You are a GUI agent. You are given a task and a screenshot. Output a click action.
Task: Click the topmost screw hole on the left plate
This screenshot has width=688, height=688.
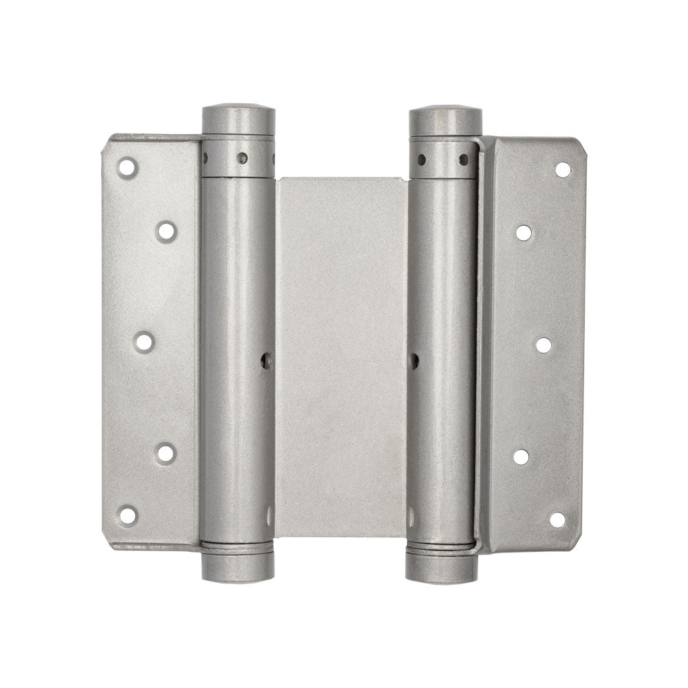pos(127,167)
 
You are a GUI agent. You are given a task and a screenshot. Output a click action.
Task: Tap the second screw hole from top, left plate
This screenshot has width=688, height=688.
pos(166,230)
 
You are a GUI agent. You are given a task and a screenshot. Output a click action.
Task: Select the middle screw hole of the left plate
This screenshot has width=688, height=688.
pos(144,342)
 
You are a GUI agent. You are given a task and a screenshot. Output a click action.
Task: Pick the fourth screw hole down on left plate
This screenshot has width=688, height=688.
pos(166,453)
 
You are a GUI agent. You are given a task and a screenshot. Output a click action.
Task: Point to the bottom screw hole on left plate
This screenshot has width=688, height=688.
pos(127,515)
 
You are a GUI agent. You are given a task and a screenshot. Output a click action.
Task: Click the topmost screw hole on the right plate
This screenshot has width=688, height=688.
pos(563,169)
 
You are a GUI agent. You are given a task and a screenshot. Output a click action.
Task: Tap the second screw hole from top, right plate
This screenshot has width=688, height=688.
pos(524,233)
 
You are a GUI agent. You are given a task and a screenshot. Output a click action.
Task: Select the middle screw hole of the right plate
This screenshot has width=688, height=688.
pos(544,345)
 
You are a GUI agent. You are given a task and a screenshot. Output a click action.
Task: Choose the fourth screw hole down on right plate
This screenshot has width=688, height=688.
pos(522,457)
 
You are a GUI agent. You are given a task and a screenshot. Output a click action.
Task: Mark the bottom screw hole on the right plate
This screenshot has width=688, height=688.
pos(557,519)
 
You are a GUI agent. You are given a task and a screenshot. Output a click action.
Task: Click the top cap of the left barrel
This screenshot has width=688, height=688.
pos(238,120)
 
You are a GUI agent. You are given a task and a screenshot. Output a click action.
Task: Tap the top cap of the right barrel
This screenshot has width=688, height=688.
pos(445,121)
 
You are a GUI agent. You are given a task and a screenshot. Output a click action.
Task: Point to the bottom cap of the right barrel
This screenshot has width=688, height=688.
pos(442,568)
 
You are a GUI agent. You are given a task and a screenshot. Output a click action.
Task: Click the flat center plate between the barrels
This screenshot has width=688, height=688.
pos(341,358)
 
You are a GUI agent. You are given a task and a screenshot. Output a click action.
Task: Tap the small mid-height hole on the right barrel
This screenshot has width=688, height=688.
pos(414,359)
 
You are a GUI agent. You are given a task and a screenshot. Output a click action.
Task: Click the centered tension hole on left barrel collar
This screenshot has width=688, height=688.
pos(242,158)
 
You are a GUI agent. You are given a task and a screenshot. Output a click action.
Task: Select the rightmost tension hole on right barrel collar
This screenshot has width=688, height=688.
pos(464,160)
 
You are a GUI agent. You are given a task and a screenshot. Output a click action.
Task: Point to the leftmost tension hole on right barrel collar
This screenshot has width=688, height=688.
pos(421,160)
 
